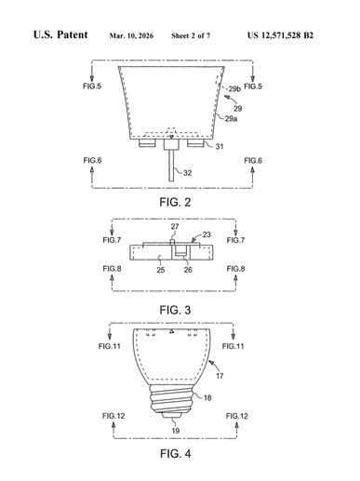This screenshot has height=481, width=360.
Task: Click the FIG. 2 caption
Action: tap(175, 202)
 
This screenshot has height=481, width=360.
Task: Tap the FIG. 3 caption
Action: tap(175, 310)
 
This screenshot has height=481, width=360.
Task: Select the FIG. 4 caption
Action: tap(176, 454)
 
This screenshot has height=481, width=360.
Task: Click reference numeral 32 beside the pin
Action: tap(188, 173)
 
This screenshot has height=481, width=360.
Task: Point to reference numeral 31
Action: tap(220, 146)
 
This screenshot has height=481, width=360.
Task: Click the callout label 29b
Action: tap(234, 89)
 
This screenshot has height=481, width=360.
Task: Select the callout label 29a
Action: tap(231, 118)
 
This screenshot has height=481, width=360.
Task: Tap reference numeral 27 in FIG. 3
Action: tap(175, 226)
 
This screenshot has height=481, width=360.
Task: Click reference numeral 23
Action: tap(207, 234)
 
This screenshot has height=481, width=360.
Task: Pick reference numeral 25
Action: tap(160, 270)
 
